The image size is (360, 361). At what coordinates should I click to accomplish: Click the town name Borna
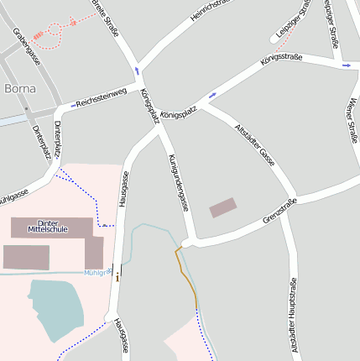[x=20, y=88]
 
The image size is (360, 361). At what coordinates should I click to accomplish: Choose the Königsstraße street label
[x=281, y=60]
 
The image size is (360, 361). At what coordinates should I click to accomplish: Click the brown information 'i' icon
[x=117, y=276]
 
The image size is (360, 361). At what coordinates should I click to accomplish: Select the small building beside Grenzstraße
[x=223, y=207]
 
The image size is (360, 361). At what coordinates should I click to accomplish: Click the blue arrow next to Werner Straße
[x=346, y=65]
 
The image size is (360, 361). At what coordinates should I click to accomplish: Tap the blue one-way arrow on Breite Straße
[x=137, y=71]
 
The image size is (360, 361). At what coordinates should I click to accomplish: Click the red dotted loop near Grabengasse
[x=55, y=30]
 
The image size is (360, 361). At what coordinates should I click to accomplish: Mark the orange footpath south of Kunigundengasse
[x=188, y=276]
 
